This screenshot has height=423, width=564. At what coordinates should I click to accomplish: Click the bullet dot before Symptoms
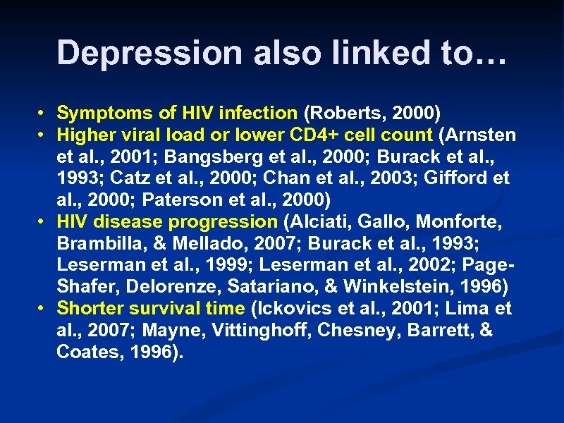(x=42, y=113)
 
